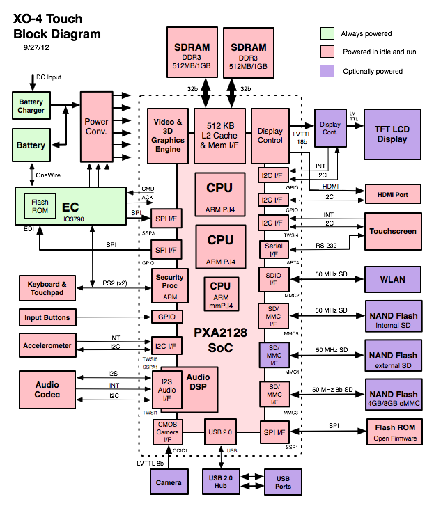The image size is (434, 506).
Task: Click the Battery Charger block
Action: [x=31, y=106]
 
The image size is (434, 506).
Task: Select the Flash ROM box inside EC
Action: [x=39, y=206]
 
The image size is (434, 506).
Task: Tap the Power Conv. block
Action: [x=97, y=127]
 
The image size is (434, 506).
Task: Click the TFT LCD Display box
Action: [x=392, y=134]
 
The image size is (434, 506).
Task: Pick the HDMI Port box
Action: [x=392, y=194]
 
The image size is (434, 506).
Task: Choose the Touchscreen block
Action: [x=393, y=231]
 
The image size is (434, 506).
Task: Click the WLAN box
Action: [x=393, y=280]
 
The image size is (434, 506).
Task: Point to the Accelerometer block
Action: [x=47, y=345]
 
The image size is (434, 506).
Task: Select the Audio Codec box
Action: [x=47, y=390]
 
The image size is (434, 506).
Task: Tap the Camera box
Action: [x=169, y=482]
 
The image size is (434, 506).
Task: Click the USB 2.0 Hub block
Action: [x=220, y=481]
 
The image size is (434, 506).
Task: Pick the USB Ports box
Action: [x=283, y=481]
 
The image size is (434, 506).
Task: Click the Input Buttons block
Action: [x=47, y=317]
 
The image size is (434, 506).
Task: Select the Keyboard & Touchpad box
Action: [x=47, y=289]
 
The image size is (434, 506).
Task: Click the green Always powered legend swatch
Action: [x=327, y=33]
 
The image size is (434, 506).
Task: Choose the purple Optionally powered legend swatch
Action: [x=327, y=71]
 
